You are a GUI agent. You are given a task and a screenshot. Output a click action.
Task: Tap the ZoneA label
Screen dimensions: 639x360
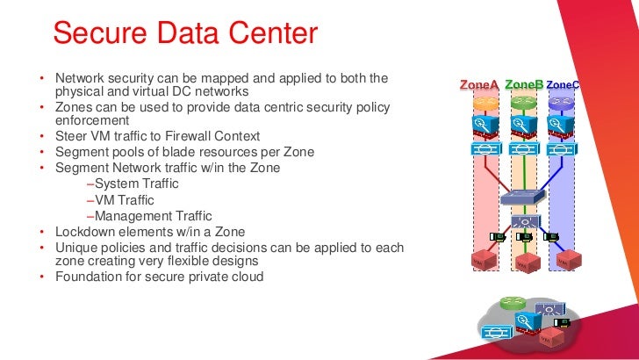pyautogui.click(x=479, y=85)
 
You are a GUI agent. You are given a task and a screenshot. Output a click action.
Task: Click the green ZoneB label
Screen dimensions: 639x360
pyautogui.click(x=524, y=84)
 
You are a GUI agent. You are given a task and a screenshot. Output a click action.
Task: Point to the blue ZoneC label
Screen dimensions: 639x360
pyautogui.click(x=563, y=85)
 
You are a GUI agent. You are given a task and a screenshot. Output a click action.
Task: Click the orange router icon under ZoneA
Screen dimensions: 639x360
pyautogui.click(x=485, y=102)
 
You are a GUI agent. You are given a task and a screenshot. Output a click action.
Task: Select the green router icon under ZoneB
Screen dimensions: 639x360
pyautogui.click(x=523, y=102)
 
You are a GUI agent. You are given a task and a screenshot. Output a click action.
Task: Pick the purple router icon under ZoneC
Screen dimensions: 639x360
pyautogui.click(x=561, y=102)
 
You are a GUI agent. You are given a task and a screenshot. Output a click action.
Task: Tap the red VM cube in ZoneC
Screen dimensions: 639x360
pyautogui.click(x=572, y=260)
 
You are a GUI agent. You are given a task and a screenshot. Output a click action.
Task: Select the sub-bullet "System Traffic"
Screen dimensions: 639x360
pyautogui.click(x=135, y=184)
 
